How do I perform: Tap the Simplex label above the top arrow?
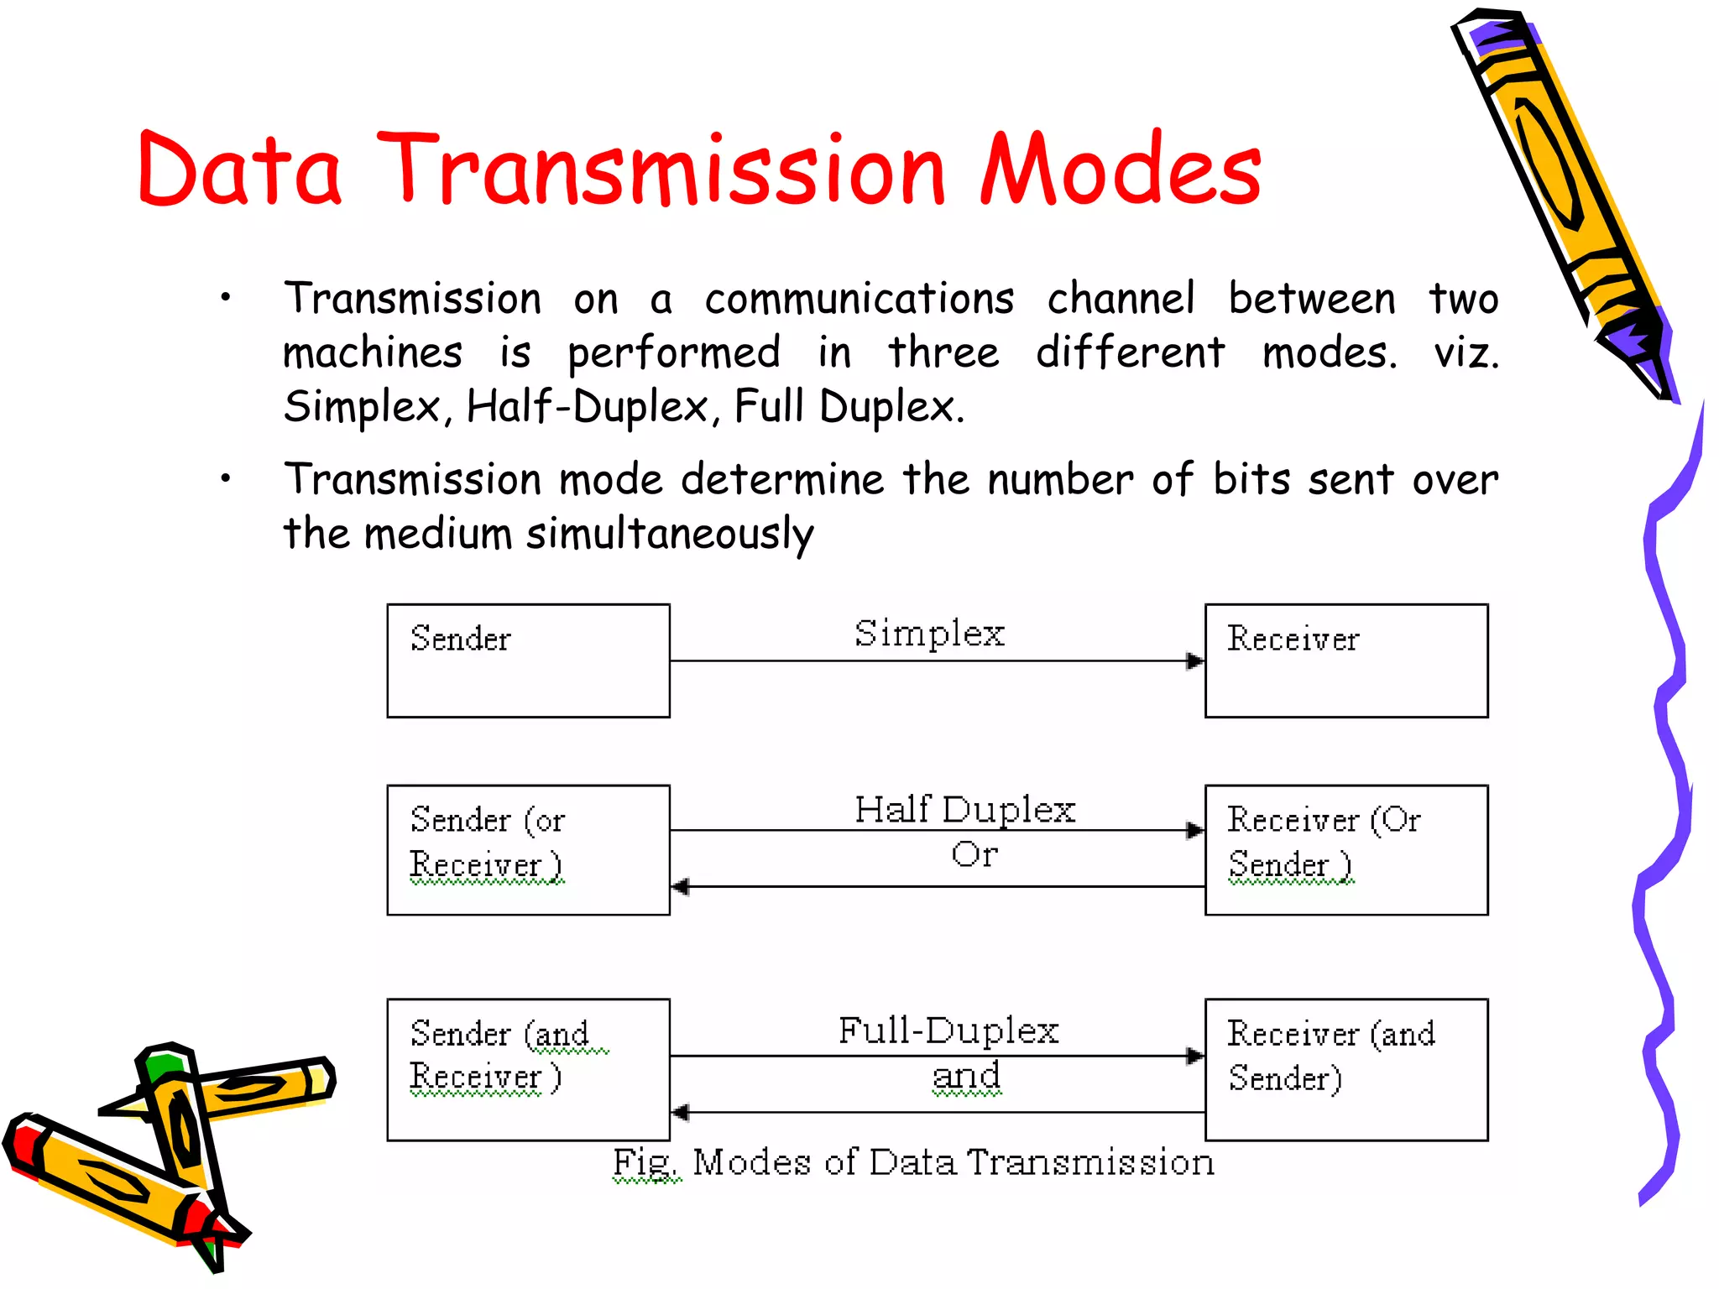pos(929,634)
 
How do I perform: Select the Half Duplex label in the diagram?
pos(964,810)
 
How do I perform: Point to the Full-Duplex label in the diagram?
pos(948,1031)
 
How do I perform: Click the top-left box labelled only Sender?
pos(528,660)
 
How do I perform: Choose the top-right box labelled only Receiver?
pos(1345,660)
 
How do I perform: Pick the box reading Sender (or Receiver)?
pos(528,849)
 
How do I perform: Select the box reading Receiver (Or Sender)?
pos(1345,849)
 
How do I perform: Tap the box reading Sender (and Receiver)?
pos(528,1069)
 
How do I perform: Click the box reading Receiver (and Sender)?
pos(1345,1069)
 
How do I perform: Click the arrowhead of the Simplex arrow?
pos(1194,661)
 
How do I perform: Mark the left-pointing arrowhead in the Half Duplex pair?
pos(681,886)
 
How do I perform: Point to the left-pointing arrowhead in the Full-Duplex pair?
pos(681,1113)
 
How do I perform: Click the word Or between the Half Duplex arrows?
pos(974,854)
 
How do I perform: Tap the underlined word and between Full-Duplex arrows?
pos(966,1076)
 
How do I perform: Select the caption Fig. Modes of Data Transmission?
pos(913,1163)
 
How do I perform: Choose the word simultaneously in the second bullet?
pos(670,535)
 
